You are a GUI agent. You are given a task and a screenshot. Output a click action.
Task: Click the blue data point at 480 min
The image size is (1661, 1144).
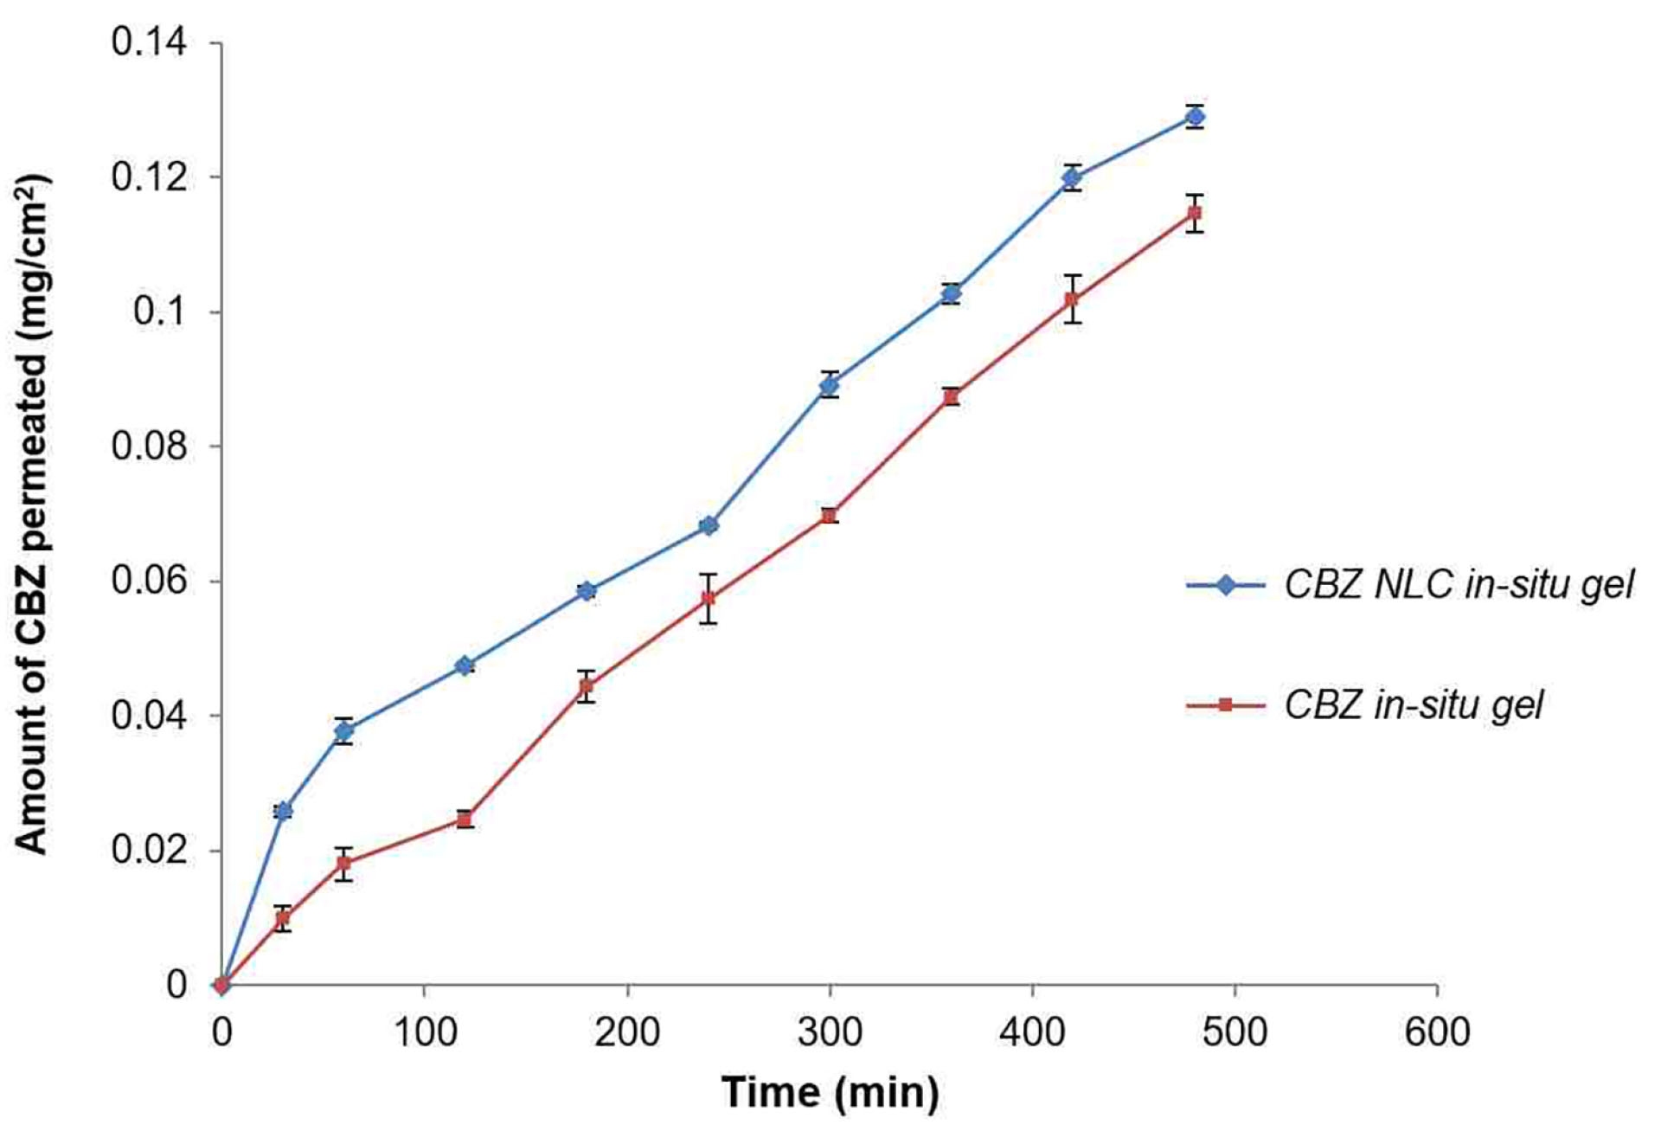1195,117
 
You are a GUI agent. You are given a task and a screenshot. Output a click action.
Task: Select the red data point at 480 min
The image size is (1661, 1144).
1195,213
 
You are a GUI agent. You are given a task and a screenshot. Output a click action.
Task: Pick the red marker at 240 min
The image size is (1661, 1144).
709,598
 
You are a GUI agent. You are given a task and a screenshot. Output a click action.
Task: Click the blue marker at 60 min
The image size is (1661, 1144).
343,731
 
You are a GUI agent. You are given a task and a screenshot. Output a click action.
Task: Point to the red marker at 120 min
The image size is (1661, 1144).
465,819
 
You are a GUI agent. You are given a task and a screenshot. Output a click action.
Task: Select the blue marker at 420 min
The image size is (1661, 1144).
1073,178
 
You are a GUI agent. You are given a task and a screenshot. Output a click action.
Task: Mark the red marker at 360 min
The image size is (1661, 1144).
952,396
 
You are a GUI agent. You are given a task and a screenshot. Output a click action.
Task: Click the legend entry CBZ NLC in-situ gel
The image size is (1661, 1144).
1459,585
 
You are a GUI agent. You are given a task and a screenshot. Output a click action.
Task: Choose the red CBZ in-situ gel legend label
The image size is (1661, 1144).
1413,705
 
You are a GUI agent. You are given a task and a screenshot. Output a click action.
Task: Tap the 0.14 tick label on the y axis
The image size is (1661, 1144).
149,42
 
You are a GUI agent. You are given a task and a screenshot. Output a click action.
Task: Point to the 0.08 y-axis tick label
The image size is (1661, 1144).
149,446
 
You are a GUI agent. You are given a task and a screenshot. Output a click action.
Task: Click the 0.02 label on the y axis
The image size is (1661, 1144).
149,850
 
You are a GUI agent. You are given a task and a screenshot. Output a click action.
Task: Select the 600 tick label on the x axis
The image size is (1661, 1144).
1437,1032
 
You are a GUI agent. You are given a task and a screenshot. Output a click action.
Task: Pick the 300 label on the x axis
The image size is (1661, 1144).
830,1032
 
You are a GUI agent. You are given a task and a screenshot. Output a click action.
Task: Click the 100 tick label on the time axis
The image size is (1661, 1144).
425,1032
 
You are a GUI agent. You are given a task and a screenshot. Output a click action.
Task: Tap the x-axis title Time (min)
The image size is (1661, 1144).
830,1092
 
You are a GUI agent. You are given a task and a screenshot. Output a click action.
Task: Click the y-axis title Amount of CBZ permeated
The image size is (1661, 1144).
33,514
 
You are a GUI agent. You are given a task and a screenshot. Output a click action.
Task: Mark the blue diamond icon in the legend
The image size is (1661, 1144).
1226,585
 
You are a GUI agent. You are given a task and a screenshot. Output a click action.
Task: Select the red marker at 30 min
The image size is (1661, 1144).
283,918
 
